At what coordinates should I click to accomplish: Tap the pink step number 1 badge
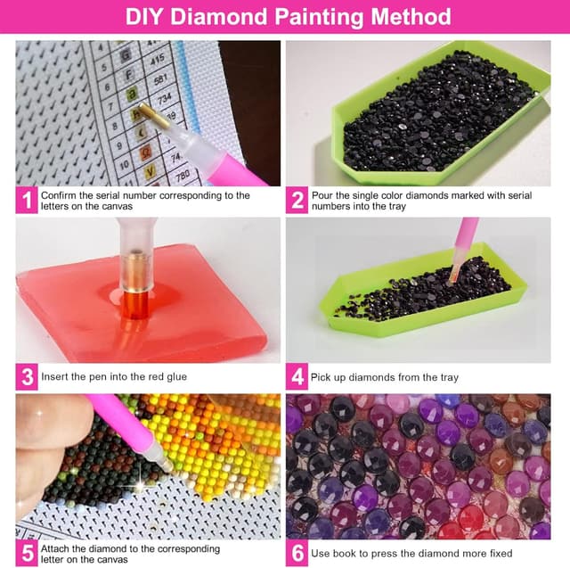click(x=27, y=201)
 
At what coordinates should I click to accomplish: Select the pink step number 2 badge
click(x=297, y=201)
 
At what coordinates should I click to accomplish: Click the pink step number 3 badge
click(x=27, y=376)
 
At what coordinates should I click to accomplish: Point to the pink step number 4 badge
click(x=297, y=376)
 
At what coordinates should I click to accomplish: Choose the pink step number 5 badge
click(x=27, y=552)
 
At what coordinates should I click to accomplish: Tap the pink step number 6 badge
click(x=297, y=552)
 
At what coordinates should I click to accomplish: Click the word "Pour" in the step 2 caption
click(x=322, y=195)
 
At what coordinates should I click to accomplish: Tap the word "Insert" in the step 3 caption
click(x=56, y=376)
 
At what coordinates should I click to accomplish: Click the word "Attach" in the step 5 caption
click(x=58, y=547)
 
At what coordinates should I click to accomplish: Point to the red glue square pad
click(x=142, y=303)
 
